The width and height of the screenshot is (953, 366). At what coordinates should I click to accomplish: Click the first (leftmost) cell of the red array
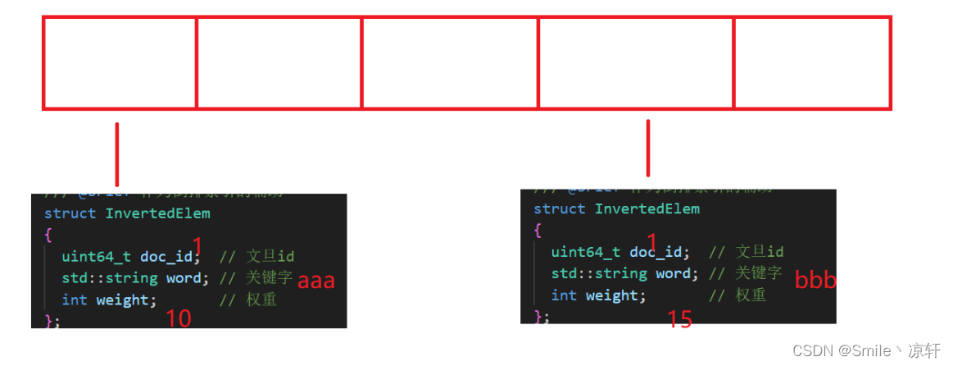(x=120, y=62)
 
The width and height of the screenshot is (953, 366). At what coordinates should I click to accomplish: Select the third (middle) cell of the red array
(x=450, y=62)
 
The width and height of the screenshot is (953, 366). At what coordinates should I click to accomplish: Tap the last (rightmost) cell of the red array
(x=812, y=62)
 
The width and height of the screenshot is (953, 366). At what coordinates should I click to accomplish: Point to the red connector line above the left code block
(x=117, y=154)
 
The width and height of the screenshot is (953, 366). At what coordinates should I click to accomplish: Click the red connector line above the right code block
(x=648, y=148)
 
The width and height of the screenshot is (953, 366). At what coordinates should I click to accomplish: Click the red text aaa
(x=316, y=281)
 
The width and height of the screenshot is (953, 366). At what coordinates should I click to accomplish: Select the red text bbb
(x=815, y=281)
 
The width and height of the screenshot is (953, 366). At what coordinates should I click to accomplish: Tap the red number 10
(x=179, y=318)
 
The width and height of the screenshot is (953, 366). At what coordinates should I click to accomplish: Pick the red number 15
(x=679, y=319)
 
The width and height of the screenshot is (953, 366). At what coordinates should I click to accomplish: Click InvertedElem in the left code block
(x=158, y=213)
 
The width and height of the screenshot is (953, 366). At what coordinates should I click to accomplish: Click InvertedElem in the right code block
(x=647, y=208)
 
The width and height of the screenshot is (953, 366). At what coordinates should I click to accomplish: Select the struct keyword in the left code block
(x=70, y=213)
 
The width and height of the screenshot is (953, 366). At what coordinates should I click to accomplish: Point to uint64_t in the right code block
(x=586, y=251)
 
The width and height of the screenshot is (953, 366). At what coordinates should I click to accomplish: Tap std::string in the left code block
(x=109, y=278)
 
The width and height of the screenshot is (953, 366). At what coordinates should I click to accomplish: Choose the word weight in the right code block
(x=615, y=295)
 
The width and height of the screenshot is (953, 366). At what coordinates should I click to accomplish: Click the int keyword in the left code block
(x=75, y=300)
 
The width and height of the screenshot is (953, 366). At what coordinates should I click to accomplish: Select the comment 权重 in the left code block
(x=261, y=300)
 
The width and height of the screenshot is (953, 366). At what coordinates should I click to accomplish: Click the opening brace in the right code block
(x=538, y=231)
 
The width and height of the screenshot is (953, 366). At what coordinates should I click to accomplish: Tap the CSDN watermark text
(x=866, y=351)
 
